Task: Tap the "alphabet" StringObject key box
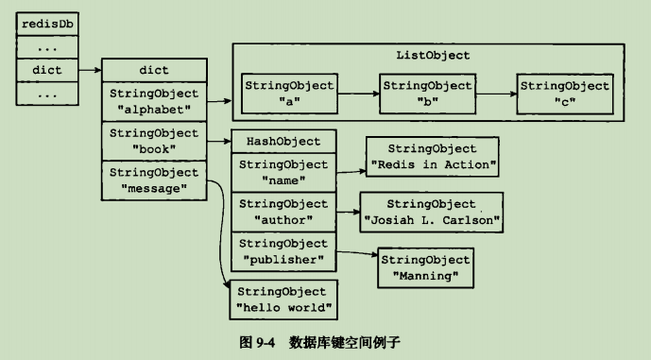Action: coord(154,101)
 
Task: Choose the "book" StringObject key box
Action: coord(154,141)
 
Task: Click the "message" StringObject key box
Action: coord(154,180)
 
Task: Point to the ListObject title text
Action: coord(433,55)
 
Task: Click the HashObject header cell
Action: coord(283,142)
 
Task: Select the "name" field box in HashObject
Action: coord(283,172)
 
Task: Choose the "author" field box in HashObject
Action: coord(283,212)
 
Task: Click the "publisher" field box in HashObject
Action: coord(283,251)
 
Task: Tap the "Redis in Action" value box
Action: coord(433,158)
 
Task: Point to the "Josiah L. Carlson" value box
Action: coord(432,213)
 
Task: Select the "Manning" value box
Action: coord(424,266)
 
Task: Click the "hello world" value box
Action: coord(283,300)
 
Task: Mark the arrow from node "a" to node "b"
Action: coord(359,94)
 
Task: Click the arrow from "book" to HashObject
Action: coord(218,142)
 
